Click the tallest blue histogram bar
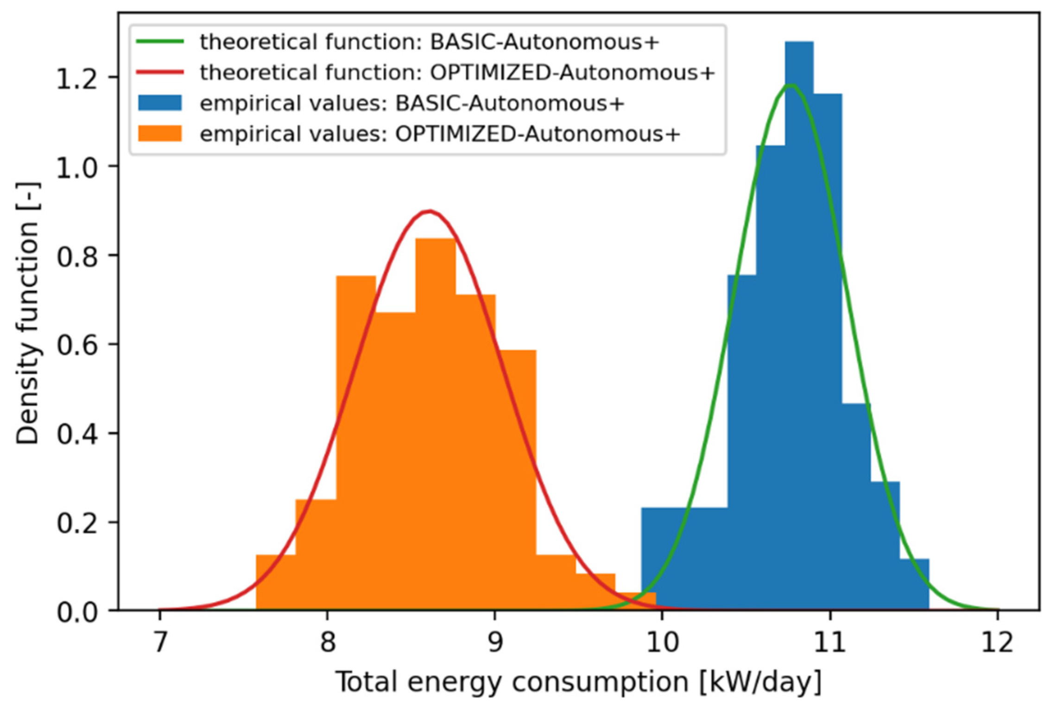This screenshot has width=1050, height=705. coord(799,324)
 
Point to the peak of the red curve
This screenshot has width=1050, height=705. coord(430,211)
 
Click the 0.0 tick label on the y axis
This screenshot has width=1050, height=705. coord(77,612)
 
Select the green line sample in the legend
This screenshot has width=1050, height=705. coord(160,42)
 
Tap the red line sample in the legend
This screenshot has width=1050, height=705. coord(160,72)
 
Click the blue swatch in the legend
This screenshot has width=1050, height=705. coord(160,103)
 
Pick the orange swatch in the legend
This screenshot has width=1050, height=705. coord(160,134)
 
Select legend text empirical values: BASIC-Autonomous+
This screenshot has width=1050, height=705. coord(412,103)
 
